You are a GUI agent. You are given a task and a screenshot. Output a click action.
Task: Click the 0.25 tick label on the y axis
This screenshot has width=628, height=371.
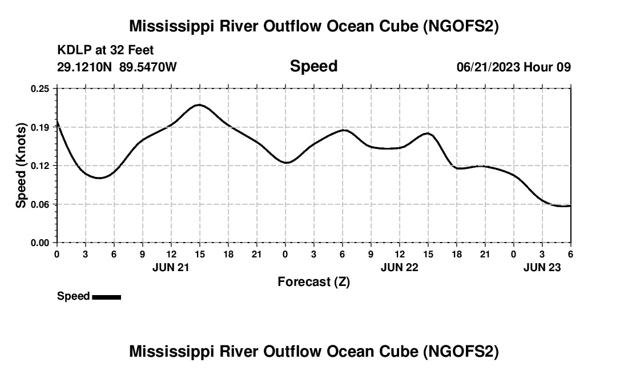click(x=41, y=88)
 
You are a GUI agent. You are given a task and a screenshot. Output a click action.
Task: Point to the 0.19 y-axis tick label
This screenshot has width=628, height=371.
click(x=41, y=127)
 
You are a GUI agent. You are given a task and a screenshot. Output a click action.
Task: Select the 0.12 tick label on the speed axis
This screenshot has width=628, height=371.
click(x=41, y=166)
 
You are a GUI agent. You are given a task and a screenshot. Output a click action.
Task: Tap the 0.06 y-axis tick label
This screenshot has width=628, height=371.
click(x=41, y=204)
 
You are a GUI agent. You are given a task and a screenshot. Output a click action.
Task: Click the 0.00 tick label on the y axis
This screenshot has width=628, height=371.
click(x=41, y=243)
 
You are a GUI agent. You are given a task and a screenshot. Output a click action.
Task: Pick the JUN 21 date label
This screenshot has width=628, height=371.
click(x=171, y=267)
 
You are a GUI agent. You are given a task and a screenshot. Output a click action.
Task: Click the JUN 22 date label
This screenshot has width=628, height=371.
click(x=399, y=267)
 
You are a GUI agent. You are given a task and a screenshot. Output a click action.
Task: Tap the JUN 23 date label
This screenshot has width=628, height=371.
click(x=542, y=267)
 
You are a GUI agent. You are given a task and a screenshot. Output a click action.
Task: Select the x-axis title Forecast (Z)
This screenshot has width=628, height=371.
click(x=313, y=281)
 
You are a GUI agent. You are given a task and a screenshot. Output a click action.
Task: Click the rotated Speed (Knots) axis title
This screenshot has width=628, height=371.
click(x=21, y=166)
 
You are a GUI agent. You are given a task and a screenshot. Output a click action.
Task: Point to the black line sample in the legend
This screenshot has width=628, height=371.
click(x=106, y=297)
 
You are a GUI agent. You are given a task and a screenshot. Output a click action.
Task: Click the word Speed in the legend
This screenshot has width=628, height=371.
click(x=73, y=296)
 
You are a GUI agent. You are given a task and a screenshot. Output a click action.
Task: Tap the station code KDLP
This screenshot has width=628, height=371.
click(x=73, y=50)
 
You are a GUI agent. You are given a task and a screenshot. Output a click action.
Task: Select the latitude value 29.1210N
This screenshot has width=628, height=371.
click(x=85, y=67)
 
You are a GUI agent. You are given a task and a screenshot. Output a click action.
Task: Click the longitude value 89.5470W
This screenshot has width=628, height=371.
click(x=148, y=67)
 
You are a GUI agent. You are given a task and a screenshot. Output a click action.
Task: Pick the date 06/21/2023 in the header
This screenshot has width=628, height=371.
click(x=488, y=67)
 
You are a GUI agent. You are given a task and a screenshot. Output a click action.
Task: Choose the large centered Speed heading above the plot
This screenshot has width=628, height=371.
click(x=313, y=66)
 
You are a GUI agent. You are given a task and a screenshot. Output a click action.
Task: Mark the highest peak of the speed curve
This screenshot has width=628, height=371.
click(x=199, y=105)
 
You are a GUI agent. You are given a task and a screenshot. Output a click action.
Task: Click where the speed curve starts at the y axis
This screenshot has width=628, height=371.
click(x=57, y=122)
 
